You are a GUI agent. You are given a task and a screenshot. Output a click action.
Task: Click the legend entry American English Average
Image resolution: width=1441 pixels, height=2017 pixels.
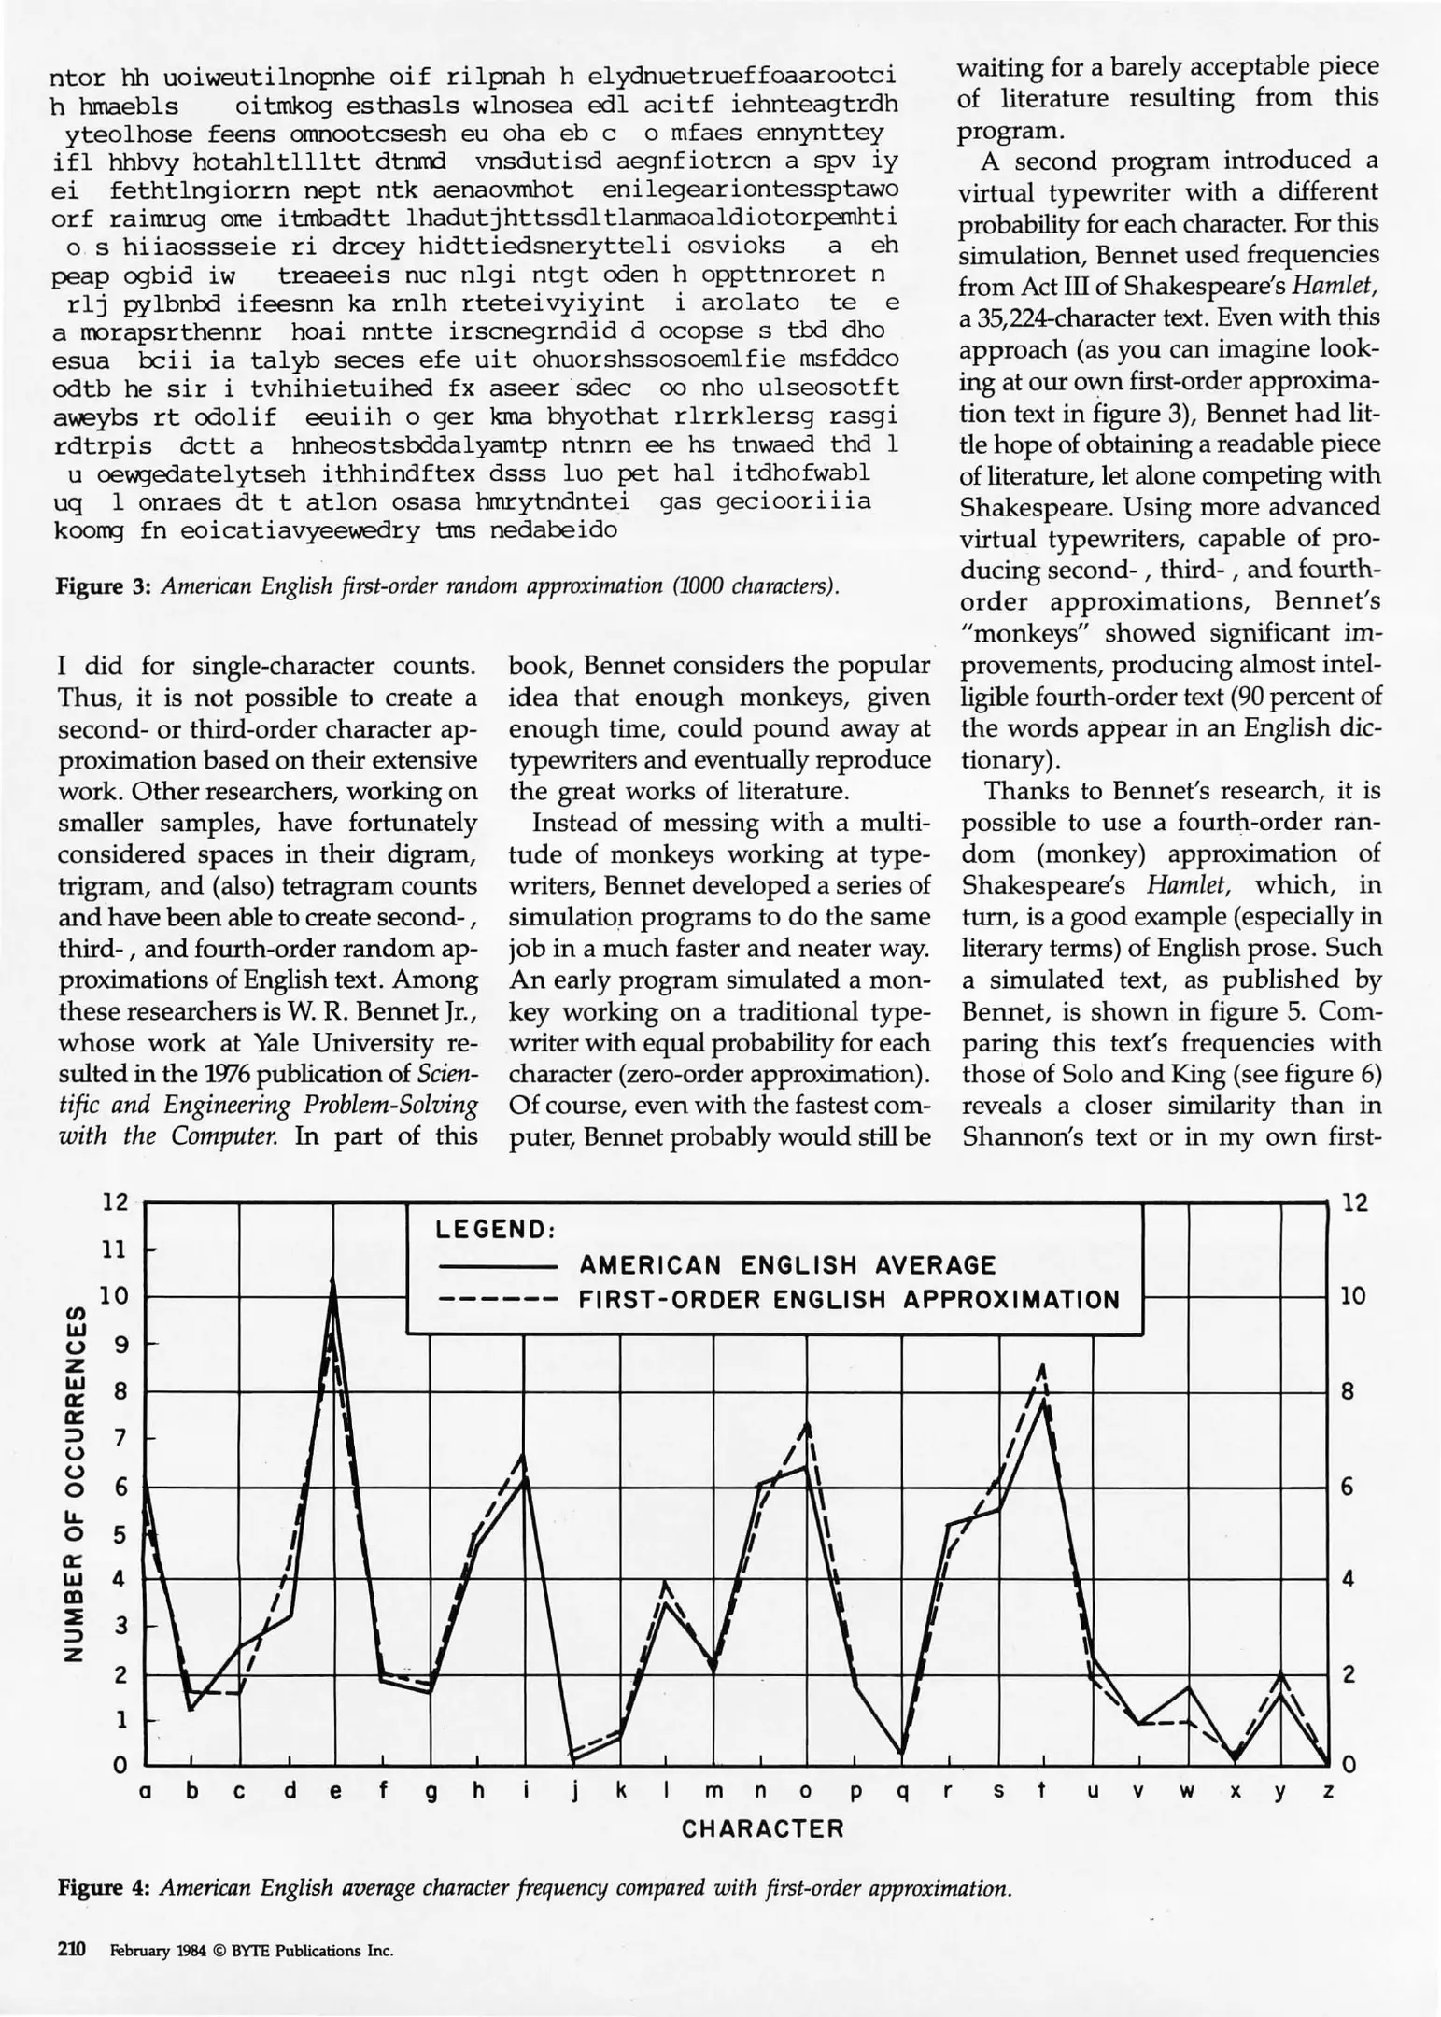click(x=787, y=1265)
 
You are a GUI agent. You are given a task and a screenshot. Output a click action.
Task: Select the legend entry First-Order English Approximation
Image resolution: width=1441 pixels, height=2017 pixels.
click(x=848, y=1300)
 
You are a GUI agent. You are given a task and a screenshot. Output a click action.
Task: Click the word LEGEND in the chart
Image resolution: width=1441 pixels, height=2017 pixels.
click(x=495, y=1229)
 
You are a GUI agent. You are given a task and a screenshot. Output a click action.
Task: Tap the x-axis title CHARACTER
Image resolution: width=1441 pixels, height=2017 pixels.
click(x=762, y=1828)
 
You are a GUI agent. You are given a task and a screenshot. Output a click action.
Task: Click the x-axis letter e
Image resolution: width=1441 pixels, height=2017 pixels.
click(x=335, y=1791)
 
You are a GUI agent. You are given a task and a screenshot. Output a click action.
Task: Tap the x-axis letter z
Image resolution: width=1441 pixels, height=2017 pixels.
click(x=1328, y=1791)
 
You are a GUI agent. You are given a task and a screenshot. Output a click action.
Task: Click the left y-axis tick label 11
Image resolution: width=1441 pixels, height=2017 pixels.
click(x=115, y=1248)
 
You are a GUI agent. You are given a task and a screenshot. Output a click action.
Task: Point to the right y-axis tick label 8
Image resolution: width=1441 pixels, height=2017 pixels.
click(x=1347, y=1391)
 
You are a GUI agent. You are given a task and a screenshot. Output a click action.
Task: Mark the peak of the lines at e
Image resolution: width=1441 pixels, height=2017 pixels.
click(x=333, y=1281)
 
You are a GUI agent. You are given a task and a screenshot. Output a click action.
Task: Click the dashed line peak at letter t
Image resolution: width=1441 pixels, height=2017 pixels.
click(x=1043, y=1366)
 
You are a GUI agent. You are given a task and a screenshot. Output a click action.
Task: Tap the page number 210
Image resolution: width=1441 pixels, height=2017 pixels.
click(x=71, y=1950)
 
